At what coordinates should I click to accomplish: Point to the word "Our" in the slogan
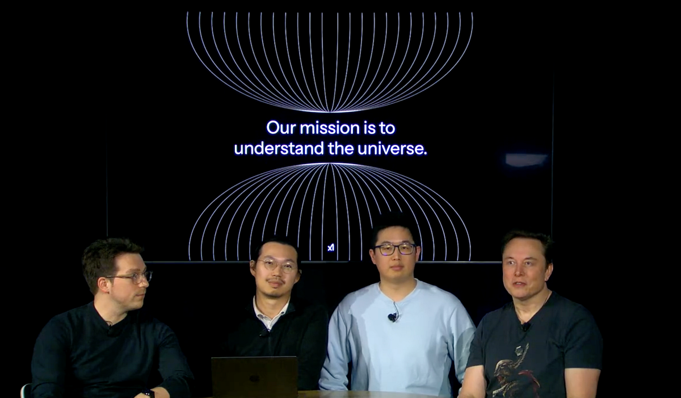[x=281, y=128]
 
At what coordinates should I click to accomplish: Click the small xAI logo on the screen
[x=331, y=248]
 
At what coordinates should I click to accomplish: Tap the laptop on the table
[x=254, y=376]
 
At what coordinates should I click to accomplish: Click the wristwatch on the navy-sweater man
[x=148, y=392]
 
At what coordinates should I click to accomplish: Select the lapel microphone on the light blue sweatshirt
[x=392, y=317]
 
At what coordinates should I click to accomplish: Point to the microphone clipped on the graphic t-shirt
[x=526, y=326]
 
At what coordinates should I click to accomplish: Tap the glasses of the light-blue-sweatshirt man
[x=395, y=249]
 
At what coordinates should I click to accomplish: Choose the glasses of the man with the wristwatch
[x=132, y=277]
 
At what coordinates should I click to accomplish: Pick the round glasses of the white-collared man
[x=276, y=265]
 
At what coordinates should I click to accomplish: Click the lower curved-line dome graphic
[x=329, y=210]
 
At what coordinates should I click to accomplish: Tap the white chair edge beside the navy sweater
[x=24, y=391]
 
